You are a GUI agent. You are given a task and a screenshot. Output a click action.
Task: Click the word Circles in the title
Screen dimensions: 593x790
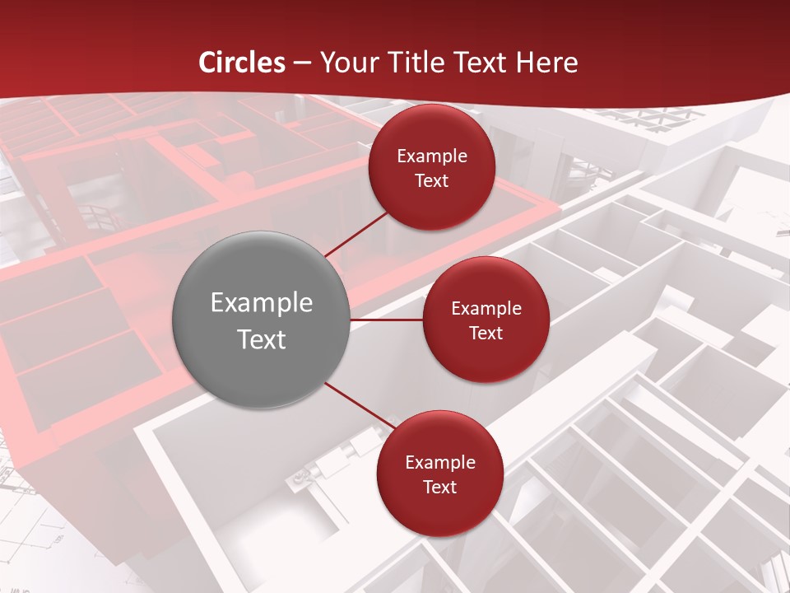pyautogui.click(x=241, y=63)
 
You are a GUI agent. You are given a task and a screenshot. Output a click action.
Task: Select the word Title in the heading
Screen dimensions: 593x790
pyautogui.click(x=421, y=63)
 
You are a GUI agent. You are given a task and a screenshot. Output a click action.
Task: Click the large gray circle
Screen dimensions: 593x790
pyautogui.click(x=261, y=272)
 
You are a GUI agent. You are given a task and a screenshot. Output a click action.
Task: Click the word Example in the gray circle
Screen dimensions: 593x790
pyautogui.click(x=261, y=303)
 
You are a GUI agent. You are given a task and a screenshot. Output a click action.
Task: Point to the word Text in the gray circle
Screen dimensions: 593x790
pyautogui.click(x=261, y=339)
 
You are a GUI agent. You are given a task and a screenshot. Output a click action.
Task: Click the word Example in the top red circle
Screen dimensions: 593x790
pyautogui.click(x=431, y=156)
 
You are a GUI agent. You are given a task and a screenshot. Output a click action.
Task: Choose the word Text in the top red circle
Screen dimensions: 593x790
pyautogui.click(x=431, y=181)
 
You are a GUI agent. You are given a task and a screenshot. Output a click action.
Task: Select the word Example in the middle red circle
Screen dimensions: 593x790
pyautogui.click(x=486, y=309)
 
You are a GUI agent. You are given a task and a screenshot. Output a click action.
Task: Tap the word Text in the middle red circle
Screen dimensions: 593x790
pyautogui.click(x=486, y=334)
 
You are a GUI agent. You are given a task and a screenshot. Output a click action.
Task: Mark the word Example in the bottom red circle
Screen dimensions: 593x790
pyautogui.click(x=439, y=463)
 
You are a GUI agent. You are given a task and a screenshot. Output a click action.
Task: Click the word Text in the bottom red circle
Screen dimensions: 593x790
pyautogui.click(x=439, y=488)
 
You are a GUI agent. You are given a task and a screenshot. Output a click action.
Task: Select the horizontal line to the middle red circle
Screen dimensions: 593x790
pyautogui.click(x=387, y=320)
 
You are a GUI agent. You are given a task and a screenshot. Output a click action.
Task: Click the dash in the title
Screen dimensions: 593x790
pyautogui.click(x=302, y=63)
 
